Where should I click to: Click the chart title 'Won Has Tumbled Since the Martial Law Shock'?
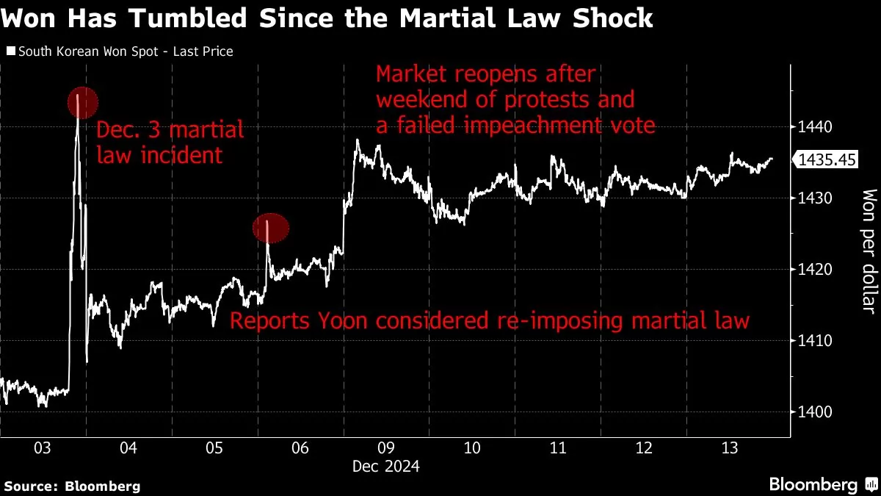click(x=327, y=18)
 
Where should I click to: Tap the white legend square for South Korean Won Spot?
click(x=10, y=52)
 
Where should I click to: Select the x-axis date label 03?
click(x=42, y=448)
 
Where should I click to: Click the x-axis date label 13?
click(x=729, y=448)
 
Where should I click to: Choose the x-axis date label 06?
click(x=300, y=448)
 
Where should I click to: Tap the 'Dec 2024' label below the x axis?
click(x=385, y=467)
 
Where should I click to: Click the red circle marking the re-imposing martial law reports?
click(x=270, y=229)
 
